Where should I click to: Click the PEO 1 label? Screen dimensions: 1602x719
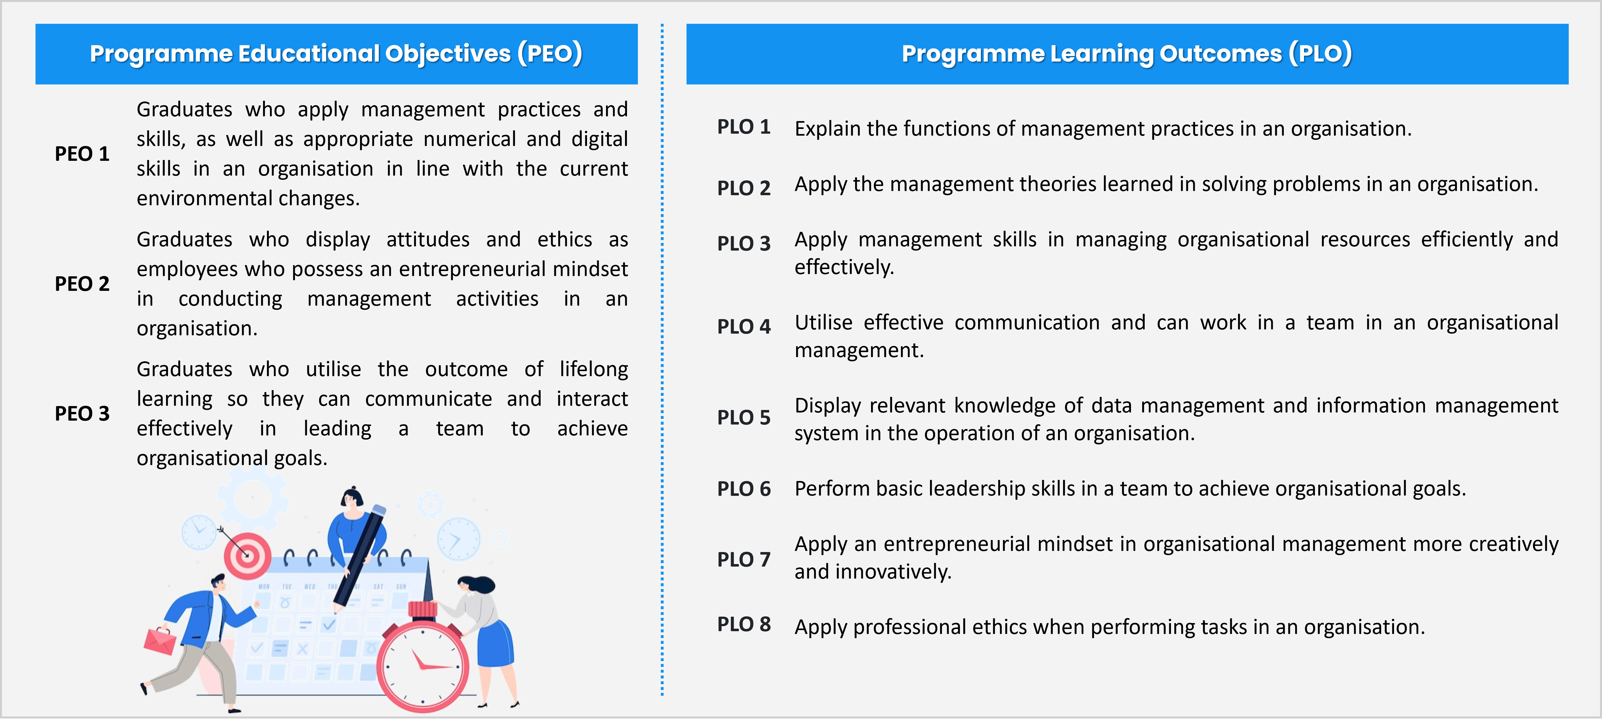click(82, 154)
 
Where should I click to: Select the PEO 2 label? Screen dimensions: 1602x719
click(82, 284)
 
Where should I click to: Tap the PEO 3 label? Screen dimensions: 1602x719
click(82, 414)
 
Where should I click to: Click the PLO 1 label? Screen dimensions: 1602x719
click(744, 127)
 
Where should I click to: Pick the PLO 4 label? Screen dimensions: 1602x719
click(744, 327)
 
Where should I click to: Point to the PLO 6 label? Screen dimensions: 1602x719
click(744, 489)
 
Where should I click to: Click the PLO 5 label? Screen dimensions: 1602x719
click(744, 417)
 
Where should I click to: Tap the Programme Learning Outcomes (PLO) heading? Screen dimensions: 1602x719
click(1127, 53)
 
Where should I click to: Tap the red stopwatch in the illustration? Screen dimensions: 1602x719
click(423, 659)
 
